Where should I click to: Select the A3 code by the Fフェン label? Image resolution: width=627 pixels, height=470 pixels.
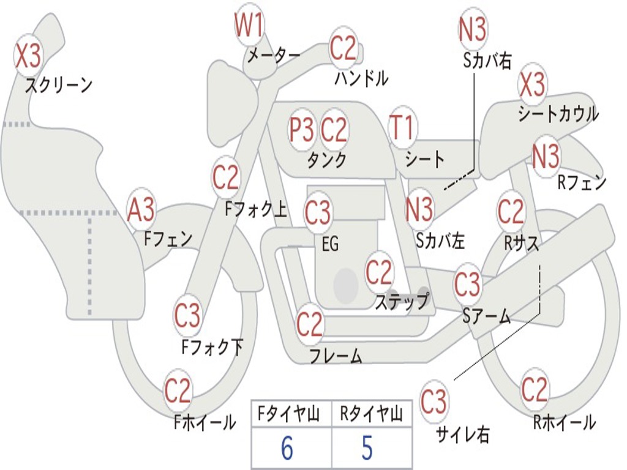(141, 211)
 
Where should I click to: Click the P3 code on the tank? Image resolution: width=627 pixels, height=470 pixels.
(301, 130)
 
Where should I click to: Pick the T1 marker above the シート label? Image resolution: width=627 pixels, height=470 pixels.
(402, 129)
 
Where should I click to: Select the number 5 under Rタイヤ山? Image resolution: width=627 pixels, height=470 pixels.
(367, 449)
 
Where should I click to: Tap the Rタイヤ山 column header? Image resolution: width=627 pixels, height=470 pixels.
(370, 416)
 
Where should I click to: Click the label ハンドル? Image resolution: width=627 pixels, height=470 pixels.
(362, 78)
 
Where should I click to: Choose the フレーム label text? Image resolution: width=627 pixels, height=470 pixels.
(336, 356)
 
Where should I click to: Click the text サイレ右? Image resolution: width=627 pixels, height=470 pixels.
(462, 435)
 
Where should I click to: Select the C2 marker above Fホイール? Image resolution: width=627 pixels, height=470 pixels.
(178, 390)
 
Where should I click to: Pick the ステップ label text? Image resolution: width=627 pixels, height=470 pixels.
(402, 302)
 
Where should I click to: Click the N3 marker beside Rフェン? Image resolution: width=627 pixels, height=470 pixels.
(546, 157)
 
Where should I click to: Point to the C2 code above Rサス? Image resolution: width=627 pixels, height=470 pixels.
(511, 212)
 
